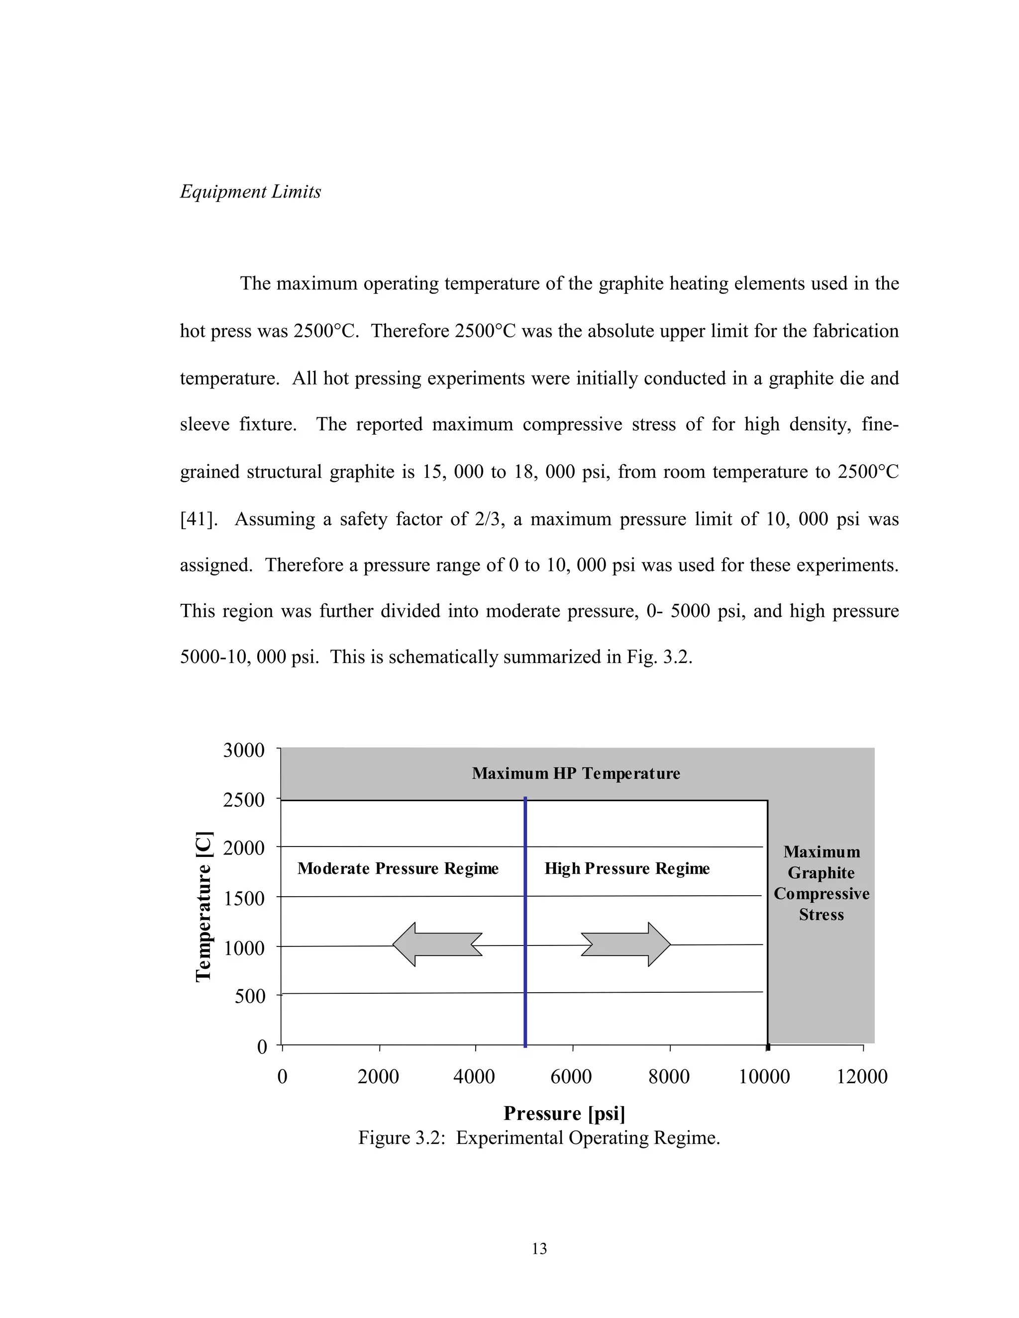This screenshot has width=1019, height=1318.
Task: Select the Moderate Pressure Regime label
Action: (x=398, y=868)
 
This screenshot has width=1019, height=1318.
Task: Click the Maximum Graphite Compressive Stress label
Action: (x=821, y=883)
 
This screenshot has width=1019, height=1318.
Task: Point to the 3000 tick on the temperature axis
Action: (x=244, y=750)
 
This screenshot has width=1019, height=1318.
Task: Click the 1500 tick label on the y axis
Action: (x=244, y=899)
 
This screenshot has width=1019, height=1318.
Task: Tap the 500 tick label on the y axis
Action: (x=250, y=996)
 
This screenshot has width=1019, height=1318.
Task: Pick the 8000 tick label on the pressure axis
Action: (x=669, y=1077)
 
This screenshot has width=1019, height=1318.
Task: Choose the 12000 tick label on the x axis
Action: (x=862, y=1077)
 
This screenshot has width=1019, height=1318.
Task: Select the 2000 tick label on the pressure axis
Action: (x=379, y=1077)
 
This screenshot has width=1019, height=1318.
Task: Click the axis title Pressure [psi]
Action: (x=564, y=1112)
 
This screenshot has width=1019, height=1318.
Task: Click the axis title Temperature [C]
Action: (x=204, y=906)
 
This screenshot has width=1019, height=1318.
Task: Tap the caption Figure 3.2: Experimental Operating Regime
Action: (x=539, y=1137)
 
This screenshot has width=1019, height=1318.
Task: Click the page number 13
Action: (x=539, y=1248)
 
